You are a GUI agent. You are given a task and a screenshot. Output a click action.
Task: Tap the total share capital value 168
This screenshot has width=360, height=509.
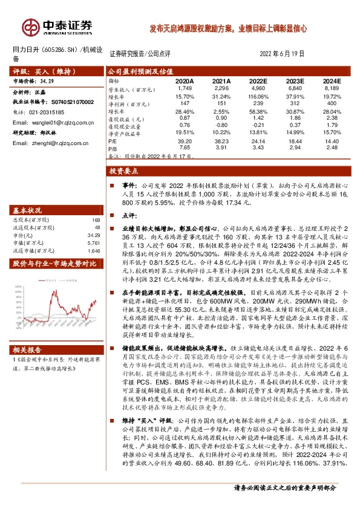pyautogui.click(x=94, y=219)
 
